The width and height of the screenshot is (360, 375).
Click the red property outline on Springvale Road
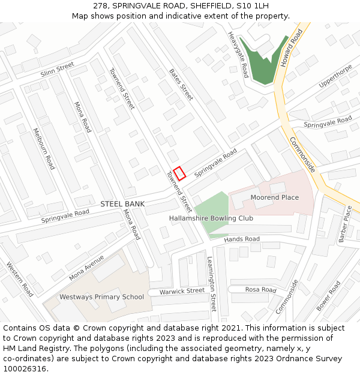(x=180, y=172)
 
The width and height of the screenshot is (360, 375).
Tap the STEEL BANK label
(x=122, y=204)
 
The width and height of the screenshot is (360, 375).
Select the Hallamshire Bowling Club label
(x=211, y=218)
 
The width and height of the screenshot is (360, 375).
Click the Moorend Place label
(x=274, y=197)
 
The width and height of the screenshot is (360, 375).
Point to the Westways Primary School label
(x=101, y=297)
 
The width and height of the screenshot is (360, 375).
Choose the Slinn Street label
(x=57, y=69)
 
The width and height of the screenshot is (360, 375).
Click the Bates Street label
(x=181, y=84)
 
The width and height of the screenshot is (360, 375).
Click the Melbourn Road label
(x=44, y=148)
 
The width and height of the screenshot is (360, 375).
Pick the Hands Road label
(x=242, y=239)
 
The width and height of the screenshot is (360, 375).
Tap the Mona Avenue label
(x=86, y=268)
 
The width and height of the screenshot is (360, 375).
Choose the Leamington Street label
(x=211, y=284)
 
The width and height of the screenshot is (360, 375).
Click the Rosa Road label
(x=260, y=290)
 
